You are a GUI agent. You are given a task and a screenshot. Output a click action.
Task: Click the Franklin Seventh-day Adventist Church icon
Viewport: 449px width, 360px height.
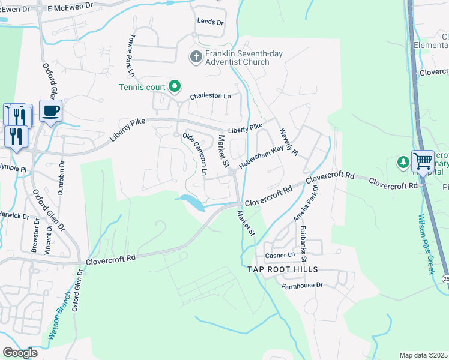[196, 58]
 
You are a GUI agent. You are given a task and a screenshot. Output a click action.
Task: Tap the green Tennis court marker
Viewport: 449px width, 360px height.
[175, 88]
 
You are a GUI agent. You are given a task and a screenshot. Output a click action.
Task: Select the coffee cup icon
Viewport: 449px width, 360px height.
[50, 111]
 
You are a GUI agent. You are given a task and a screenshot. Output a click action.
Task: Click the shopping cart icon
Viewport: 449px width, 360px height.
[423, 161]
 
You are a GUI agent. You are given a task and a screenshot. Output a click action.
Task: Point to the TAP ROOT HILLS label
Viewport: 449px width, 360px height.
[281, 270]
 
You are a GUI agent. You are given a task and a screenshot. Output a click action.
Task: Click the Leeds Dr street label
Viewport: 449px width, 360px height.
[210, 22]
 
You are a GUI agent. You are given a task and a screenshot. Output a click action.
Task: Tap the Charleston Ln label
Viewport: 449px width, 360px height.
[210, 96]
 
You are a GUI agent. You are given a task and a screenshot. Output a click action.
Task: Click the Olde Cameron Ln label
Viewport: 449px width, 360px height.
[195, 155]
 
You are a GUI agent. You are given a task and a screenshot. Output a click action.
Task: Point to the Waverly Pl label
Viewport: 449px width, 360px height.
[288, 141]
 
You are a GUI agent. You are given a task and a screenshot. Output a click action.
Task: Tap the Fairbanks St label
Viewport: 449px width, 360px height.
[304, 244]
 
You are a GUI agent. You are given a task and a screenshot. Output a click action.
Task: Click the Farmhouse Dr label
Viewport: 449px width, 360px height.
[303, 286]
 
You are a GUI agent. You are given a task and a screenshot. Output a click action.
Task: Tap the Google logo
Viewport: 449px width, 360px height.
[20, 353]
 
